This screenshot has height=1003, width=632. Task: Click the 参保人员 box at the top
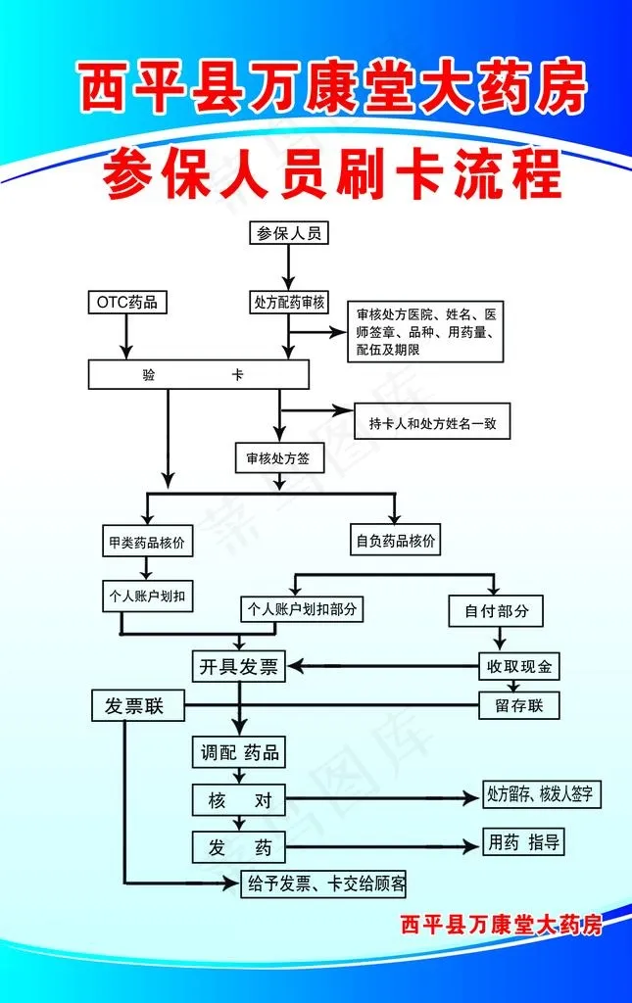288,233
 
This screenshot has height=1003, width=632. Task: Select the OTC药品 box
125,302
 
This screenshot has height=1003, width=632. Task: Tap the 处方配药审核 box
288,302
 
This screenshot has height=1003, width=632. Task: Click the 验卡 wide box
199,374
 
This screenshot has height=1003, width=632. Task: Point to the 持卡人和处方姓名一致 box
432,423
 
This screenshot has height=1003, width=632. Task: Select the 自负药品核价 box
396,540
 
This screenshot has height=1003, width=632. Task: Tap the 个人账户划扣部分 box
302,609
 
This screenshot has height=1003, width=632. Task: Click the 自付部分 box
496,610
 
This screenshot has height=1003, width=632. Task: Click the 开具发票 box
239,668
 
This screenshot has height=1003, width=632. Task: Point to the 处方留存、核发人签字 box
539,794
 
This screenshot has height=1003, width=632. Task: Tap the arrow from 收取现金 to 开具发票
382,668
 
